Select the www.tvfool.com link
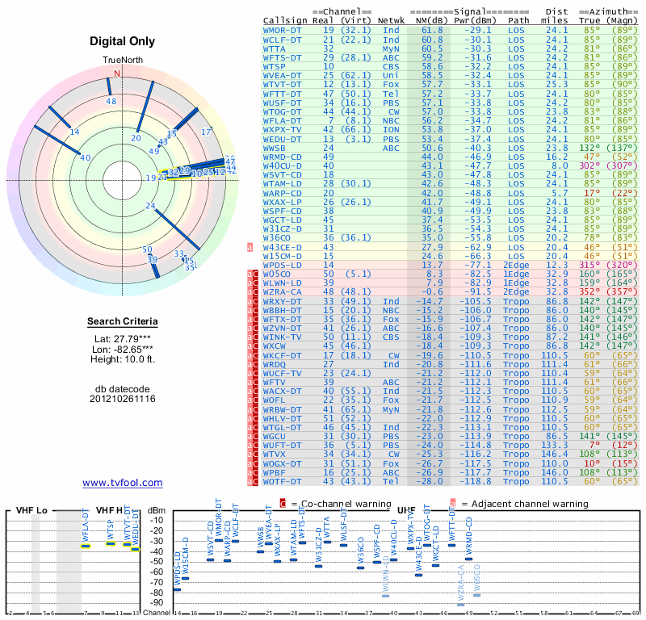click(123, 483)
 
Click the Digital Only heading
click(123, 41)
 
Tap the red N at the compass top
click(117, 73)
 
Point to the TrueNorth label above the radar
click(123, 61)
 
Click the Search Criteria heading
click(123, 323)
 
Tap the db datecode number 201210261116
click(123, 399)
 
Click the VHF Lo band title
click(31, 511)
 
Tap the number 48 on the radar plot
click(111, 102)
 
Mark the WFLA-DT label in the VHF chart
click(86, 526)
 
